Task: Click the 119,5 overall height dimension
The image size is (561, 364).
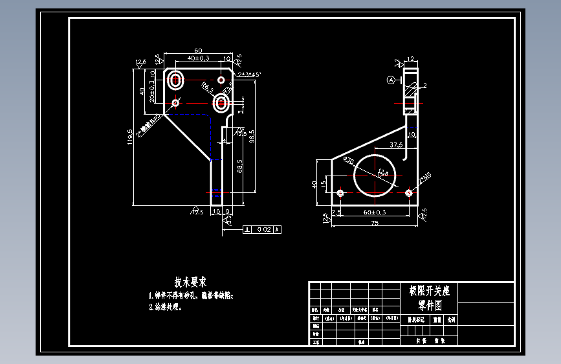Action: coord(130,138)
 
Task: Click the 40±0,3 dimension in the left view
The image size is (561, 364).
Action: coord(198,58)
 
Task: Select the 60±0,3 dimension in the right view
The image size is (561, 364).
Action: coord(374,212)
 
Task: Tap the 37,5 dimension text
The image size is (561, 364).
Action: coord(396,144)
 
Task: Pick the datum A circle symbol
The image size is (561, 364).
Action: coord(391,80)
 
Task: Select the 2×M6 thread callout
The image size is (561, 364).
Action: coord(425,177)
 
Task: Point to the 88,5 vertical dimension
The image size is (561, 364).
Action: coord(240,166)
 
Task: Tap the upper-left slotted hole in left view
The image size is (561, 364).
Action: coord(175,80)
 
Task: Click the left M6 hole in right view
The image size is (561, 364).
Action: coord(341,192)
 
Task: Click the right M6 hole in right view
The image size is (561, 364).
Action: coord(408,192)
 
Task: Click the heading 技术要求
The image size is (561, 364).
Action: coord(190,282)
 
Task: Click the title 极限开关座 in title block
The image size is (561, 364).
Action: coord(429,291)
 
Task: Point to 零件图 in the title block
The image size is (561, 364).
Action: coord(429,304)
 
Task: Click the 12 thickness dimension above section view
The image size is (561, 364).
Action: coord(410,59)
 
